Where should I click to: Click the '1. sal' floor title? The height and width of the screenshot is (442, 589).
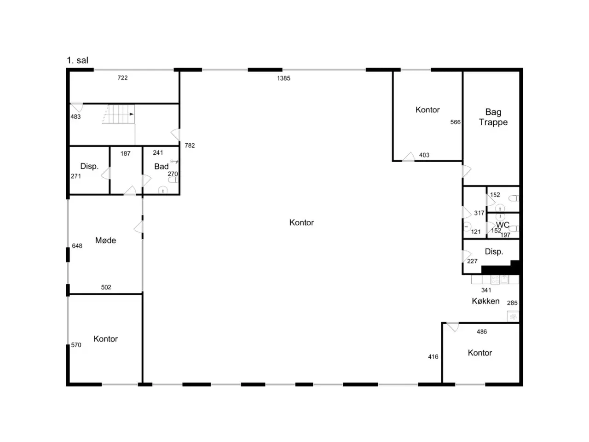coord(77,60)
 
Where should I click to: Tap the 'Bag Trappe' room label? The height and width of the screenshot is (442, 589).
coord(493,117)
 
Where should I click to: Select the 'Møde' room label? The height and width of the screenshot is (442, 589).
coord(105,240)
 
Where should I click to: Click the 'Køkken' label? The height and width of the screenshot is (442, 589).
coord(485,301)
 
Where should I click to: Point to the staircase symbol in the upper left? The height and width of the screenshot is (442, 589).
coord(119,114)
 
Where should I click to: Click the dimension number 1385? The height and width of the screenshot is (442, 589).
coord(283,78)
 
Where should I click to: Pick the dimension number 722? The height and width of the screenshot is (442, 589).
coord(122,78)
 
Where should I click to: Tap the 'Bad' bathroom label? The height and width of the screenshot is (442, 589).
coord(161,166)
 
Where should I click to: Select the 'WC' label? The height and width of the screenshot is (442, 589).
coord(502,225)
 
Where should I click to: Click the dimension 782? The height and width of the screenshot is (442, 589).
coord(190,145)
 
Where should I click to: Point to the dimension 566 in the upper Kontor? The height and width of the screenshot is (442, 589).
coord(455,122)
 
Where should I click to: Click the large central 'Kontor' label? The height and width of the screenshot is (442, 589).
coord(301,222)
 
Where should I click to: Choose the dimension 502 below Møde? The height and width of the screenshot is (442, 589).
coord(106,287)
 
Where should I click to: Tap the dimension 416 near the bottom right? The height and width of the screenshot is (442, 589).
coord(433,357)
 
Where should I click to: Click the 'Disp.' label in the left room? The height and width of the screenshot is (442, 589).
coord(89,166)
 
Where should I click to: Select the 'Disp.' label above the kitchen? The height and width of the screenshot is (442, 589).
coord(494,251)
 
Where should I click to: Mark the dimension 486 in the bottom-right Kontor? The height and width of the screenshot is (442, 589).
coord(482,331)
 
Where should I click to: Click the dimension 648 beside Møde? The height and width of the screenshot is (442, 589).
coord(77,246)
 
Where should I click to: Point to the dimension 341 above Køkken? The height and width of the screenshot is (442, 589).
coord(486,290)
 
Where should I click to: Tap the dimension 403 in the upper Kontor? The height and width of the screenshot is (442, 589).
coord(424,155)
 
